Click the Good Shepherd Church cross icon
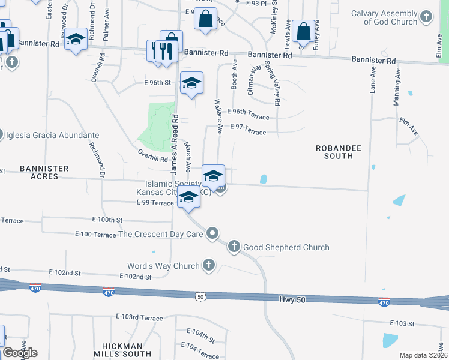coord(234,246)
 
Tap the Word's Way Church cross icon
coord(209,265)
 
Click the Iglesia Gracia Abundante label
coord(52,136)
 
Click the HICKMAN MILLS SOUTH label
coord(122,350)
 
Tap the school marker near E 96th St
coord(191,83)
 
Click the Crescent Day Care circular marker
coord(212,233)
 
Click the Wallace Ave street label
coord(220,117)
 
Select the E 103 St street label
coord(402,323)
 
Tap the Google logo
coord(20,352)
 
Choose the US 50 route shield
coord(200,295)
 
